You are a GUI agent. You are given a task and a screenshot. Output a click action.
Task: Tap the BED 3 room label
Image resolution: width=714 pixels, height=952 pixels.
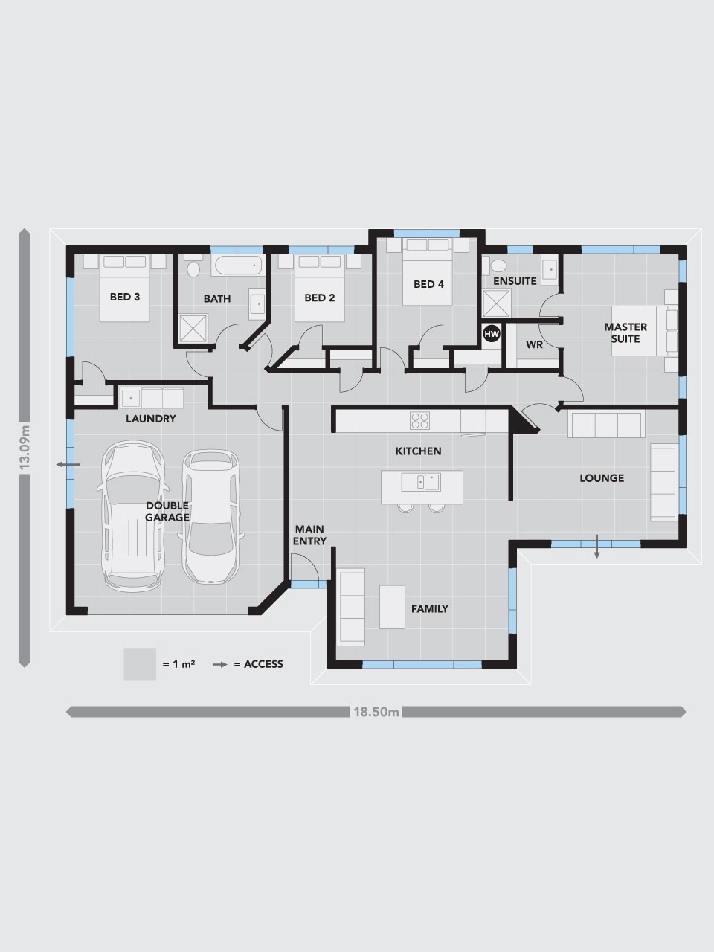coord(125,297)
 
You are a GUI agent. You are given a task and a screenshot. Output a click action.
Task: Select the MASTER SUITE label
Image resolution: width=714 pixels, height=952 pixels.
coord(625,332)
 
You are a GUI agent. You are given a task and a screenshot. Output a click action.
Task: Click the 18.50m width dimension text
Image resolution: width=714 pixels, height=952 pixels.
coord(376,712)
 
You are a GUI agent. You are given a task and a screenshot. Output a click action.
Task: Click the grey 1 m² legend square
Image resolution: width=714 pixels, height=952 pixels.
coord(140,663)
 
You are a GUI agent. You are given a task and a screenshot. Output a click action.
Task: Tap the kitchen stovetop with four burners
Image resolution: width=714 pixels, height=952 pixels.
coord(420,420)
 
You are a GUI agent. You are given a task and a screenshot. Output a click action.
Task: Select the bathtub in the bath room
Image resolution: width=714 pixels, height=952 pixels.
coord(237,264)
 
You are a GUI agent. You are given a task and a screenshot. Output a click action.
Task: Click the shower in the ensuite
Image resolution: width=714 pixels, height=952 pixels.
coord(494,303)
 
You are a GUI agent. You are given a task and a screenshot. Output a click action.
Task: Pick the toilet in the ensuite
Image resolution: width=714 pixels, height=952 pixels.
coord(497,265)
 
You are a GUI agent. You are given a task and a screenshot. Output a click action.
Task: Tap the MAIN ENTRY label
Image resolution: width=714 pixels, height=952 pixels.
coord(309,535)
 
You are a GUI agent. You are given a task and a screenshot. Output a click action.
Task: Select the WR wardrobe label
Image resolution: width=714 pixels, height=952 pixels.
coord(534,345)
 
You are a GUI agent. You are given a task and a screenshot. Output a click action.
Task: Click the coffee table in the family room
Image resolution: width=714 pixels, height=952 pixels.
coord(392,607)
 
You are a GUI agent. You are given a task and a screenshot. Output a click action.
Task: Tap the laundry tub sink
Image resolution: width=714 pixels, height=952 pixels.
coord(131,396)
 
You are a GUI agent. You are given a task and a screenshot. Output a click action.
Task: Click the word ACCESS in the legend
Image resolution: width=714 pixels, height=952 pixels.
coord(263,664)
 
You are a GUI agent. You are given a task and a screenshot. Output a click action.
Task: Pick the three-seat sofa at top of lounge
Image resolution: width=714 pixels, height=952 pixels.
coord(605,425)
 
